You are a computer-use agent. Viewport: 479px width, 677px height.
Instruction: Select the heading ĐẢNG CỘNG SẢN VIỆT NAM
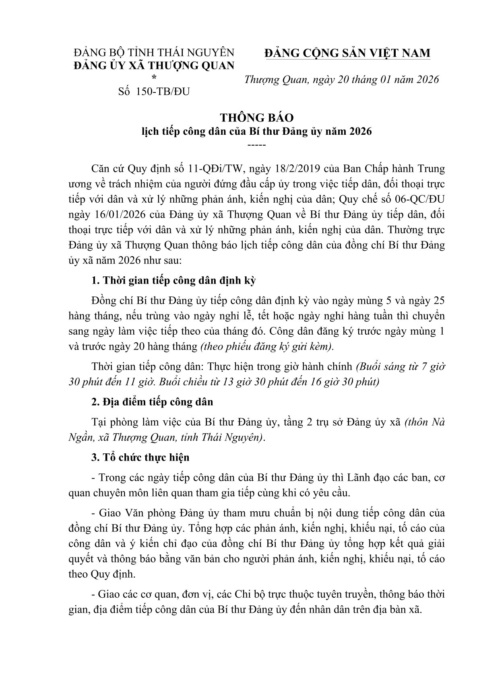[347, 53]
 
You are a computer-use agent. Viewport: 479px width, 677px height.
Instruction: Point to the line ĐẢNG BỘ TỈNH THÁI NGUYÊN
[154, 53]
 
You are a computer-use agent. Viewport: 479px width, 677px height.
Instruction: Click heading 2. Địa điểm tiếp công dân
[153, 401]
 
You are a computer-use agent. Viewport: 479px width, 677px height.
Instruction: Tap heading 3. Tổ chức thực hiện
[140, 457]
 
